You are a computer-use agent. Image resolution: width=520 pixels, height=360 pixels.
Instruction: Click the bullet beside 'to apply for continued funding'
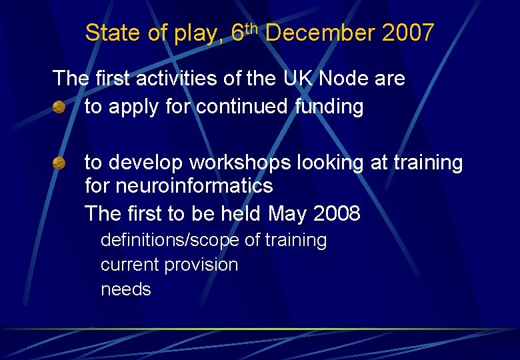(x=59, y=107)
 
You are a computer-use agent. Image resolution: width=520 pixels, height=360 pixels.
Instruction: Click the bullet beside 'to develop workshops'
(x=59, y=163)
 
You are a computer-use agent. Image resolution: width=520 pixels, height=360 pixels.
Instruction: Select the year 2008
(x=337, y=214)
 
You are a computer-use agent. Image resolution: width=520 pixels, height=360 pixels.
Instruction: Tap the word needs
(x=126, y=290)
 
